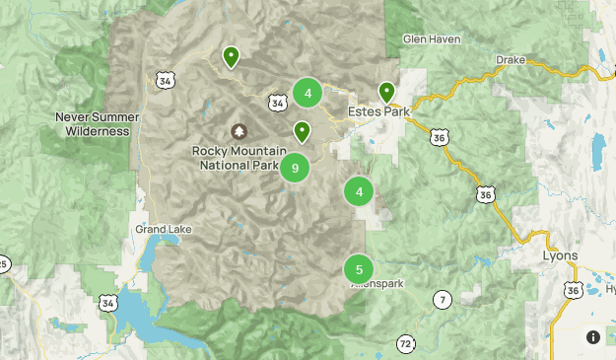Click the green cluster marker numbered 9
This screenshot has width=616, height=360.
295,168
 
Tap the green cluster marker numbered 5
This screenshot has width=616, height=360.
359,268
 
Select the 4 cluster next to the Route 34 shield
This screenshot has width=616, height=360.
308,94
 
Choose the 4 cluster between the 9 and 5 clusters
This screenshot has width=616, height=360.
359,192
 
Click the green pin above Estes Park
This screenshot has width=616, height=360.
386,93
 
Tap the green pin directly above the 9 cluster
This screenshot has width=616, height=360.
302,130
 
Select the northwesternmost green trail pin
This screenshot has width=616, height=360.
230,56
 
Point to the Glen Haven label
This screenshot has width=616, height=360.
432,39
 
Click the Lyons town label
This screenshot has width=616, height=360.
561,254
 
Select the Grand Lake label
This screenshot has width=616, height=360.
164,230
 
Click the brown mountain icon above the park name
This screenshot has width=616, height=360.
239,131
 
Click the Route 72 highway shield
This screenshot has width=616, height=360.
406,343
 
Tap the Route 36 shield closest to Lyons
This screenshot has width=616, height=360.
574,289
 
